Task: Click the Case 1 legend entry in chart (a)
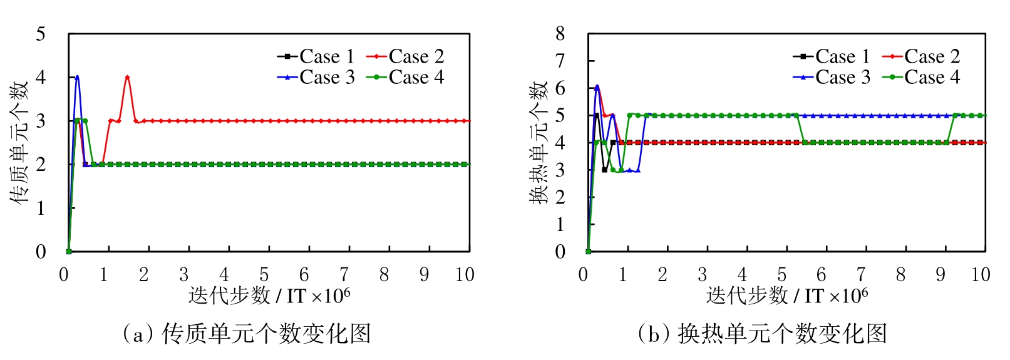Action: pyautogui.click(x=316, y=56)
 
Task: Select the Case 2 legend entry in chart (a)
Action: pyautogui.click(x=406, y=56)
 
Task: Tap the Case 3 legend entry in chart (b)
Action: pyautogui.click(x=832, y=77)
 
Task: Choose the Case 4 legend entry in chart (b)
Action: pyautogui.click(x=922, y=77)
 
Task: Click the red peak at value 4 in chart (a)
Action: pyautogui.click(x=127, y=77)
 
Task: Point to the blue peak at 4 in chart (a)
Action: pyautogui.click(x=77, y=76)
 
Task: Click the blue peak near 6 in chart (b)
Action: pyautogui.click(x=597, y=86)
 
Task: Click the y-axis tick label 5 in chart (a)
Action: pyautogui.click(x=41, y=34)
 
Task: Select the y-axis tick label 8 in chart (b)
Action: pyautogui.click(x=560, y=34)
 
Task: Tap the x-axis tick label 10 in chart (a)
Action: pyautogui.click(x=465, y=275)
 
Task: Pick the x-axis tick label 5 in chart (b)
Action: pyautogui.click(x=781, y=275)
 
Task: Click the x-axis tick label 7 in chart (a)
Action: pyautogui.click(x=344, y=275)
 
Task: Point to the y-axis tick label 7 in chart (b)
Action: pyautogui.click(x=560, y=61)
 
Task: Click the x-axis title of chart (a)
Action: pyautogui.click(x=269, y=296)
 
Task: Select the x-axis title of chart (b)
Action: pyautogui.click(x=787, y=296)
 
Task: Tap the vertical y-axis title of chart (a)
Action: pyautogui.click(x=19, y=143)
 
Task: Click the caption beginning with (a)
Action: pyautogui.click(x=247, y=334)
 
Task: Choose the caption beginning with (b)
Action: pyautogui.click(x=762, y=334)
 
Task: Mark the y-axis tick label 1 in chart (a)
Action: pyautogui.click(x=41, y=208)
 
